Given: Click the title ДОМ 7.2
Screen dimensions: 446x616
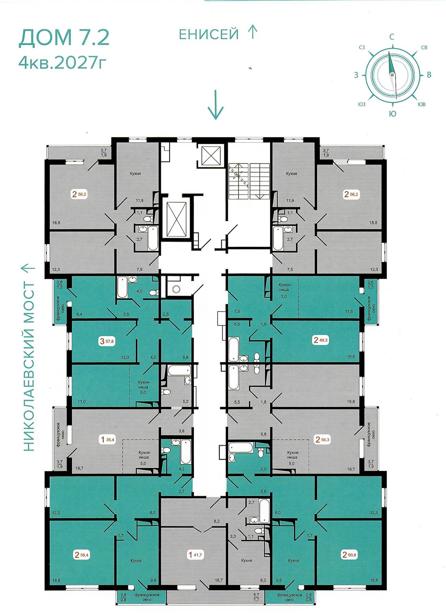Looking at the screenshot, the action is [64, 37].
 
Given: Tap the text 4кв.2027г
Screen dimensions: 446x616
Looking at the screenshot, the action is [61, 63].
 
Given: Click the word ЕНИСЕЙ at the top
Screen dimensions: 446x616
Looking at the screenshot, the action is [209, 34].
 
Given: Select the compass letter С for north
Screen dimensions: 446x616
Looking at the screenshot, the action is [392, 37].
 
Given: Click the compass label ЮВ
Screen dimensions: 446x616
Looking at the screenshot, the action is [422, 104].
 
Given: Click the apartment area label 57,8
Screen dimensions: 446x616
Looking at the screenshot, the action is [110, 341].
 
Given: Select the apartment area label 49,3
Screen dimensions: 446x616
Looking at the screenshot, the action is [324, 340].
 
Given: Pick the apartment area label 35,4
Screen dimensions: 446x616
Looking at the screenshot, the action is [110, 439].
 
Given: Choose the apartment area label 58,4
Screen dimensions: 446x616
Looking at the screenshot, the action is [84, 555].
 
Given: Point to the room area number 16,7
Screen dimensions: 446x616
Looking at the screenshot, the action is [219, 580].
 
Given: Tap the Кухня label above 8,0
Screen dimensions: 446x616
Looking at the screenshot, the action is [246, 560].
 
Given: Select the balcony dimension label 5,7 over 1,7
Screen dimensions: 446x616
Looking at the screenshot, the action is [256, 597].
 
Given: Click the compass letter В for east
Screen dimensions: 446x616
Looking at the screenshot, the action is [429, 75].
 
